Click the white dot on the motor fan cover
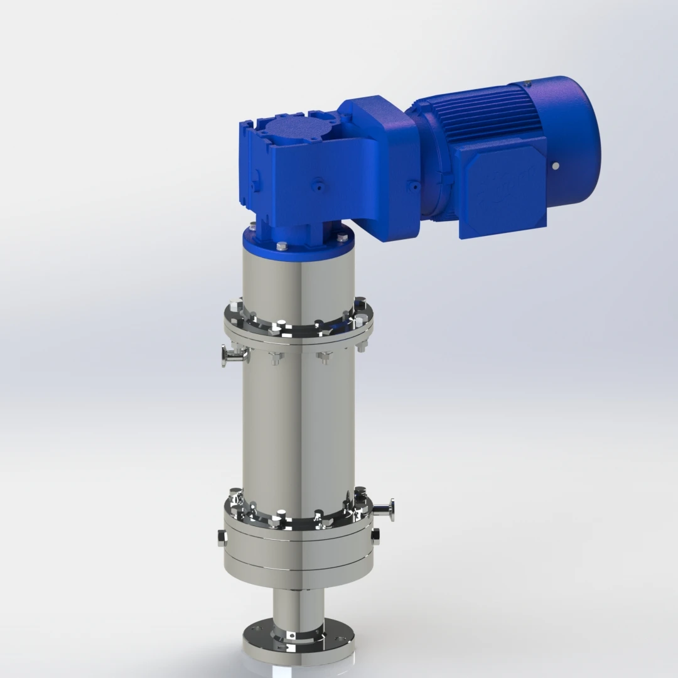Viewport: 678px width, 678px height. pos(555,166)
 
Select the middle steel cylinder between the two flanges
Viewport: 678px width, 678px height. pos(298,427)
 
